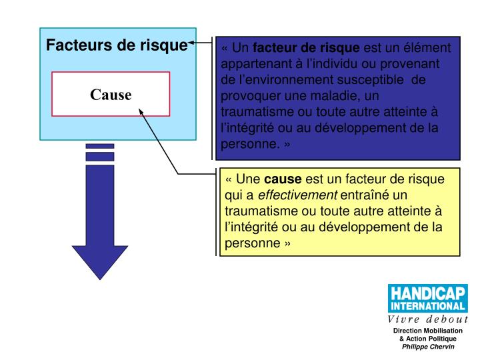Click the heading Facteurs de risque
tap(117, 46)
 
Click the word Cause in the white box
tap(111, 95)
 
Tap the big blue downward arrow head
tap(99, 257)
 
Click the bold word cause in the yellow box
tap(283, 180)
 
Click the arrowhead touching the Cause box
tap(141, 113)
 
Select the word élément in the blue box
tap(429, 49)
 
